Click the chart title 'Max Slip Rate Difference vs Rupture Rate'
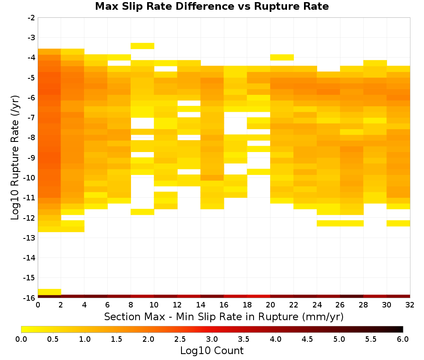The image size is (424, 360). pyautogui.click(x=212, y=6)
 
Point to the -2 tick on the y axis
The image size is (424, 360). pyautogui.click(x=31, y=18)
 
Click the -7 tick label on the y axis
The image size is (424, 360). pyautogui.click(x=31, y=118)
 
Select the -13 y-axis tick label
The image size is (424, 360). pyautogui.click(x=30, y=238)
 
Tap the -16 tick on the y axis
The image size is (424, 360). pyautogui.click(x=30, y=298)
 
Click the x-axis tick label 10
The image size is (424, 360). pyautogui.click(x=154, y=305)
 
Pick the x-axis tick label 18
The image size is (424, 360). pyautogui.click(x=247, y=305)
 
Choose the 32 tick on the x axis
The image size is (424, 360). pyautogui.click(x=410, y=305)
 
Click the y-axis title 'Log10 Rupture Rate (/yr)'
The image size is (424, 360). pyautogui.click(x=15, y=158)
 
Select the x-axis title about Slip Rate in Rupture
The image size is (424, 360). pyautogui.click(x=224, y=316)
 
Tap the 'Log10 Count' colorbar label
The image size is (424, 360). pyautogui.click(x=212, y=351)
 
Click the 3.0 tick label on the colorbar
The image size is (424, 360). pyautogui.click(x=212, y=339)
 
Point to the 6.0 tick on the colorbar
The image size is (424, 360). pyautogui.click(x=403, y=339)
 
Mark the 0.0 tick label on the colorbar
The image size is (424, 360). pyautogui.click(x=21, y=339)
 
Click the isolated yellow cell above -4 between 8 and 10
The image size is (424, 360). pyautogui.click(x=142, y=46)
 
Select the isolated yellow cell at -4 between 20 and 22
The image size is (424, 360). pyautogui.click(x=282, y=57)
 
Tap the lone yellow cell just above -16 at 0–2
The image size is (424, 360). pyautogui.click(x=50, y=292)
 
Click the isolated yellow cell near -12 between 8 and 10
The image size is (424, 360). pyautogui.click(x=142, y=212)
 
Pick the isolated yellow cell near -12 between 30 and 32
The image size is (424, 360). pyautogui.click(x=398, y=223)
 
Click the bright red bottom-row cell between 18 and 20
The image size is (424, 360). pyautogui.click(x=259, y=296)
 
